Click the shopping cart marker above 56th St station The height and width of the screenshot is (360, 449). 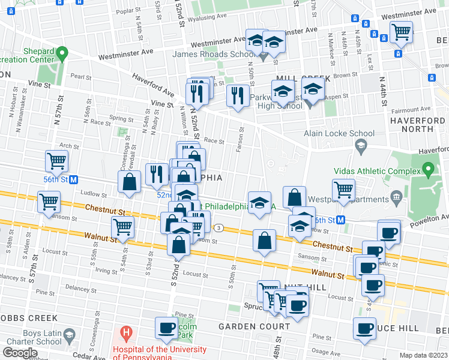[x=56, y=161]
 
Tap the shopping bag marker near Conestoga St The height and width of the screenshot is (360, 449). [x=129, y=182]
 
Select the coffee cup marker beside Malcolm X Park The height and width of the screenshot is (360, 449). [x=166, y=328]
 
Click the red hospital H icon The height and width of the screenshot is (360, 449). [x=125, y=331]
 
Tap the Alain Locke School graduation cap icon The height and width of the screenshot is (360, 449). [x=361, y=145]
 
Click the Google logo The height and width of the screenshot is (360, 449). [x=20, y=353]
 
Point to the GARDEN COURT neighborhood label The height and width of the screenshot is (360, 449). [x=254, y=326]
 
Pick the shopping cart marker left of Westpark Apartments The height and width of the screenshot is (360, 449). [x=343, y=189]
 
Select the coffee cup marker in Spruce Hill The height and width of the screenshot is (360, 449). [x=364, y=328]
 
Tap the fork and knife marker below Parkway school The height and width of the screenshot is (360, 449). [x=238, y=95]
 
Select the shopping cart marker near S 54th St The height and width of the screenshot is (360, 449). [x=122, y=227]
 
